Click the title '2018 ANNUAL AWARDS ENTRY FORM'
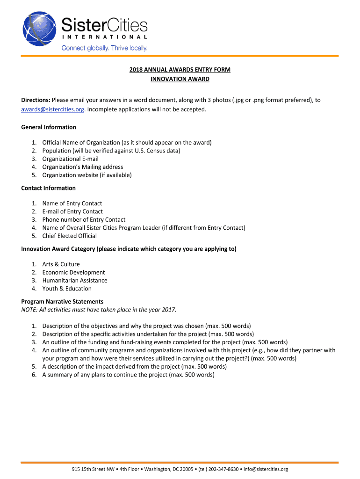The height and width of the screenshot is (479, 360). (180, 70)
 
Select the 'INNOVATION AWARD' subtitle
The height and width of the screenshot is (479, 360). (180, 79)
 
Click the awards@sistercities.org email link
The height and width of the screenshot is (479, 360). (53, 109)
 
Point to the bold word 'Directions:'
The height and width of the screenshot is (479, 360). (36, 100)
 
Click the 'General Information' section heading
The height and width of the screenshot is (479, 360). (49, 127)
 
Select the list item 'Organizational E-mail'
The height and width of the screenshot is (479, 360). (70, 159)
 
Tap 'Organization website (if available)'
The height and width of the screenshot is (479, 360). (87, 175)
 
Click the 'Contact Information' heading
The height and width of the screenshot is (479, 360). (48, 188)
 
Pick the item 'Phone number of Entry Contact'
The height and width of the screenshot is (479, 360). (84, 219)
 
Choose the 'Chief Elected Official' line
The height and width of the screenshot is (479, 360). (70, 236)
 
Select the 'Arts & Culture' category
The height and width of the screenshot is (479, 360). (61, 264)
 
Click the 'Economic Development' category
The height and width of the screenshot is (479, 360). (73, 272)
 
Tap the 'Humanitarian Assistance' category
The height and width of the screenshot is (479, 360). (75, 280)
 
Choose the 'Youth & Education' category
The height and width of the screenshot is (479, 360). (67, 288)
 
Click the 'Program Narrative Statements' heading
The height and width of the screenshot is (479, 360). (62, 302)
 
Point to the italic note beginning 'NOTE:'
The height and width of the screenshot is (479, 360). (99, 310)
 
